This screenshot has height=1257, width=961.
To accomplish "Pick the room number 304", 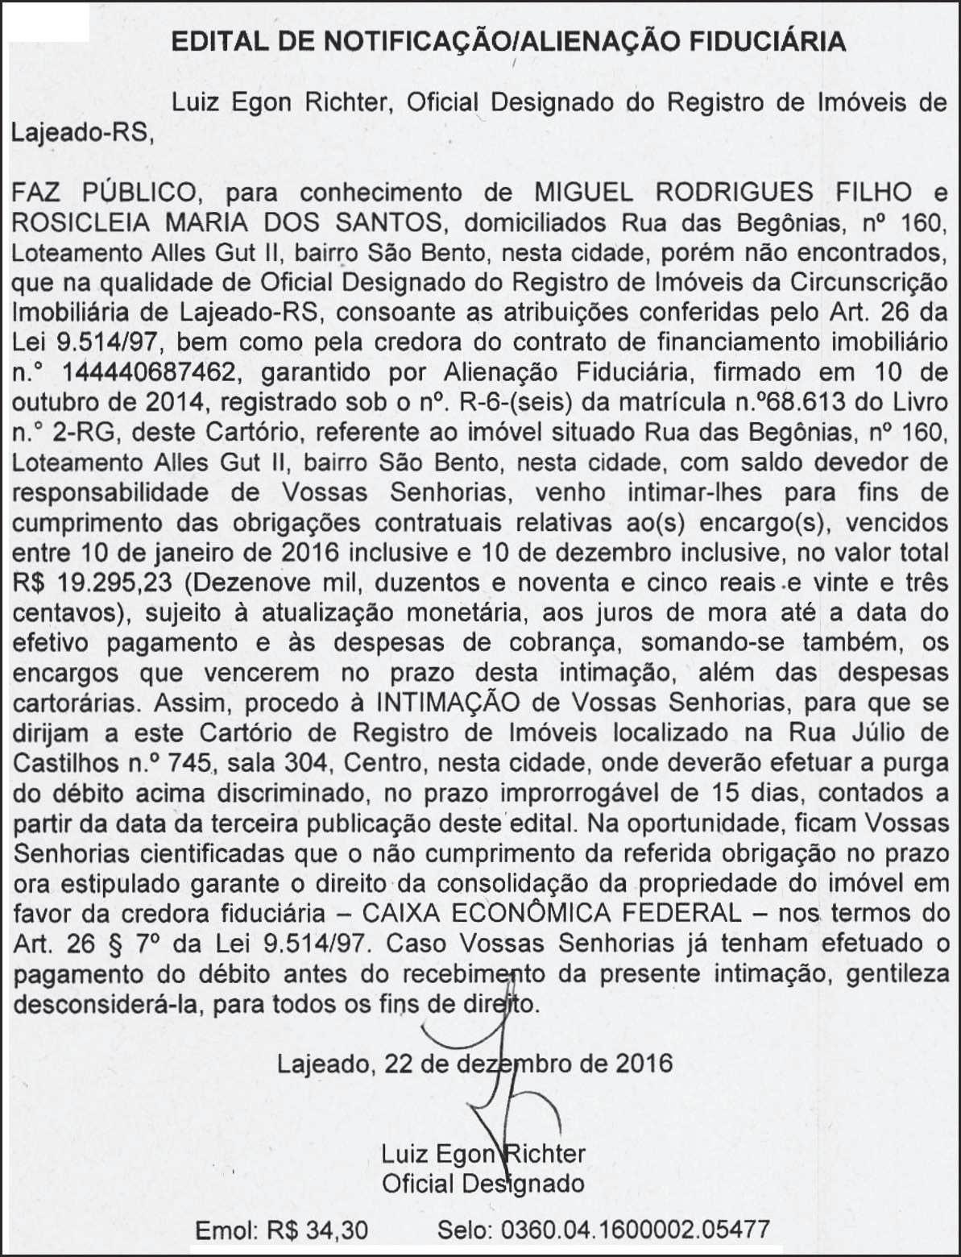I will coord(316,762).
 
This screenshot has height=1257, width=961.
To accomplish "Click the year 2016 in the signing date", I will coord(644,1063).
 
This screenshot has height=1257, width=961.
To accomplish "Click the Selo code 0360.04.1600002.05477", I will coord(635,1230).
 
